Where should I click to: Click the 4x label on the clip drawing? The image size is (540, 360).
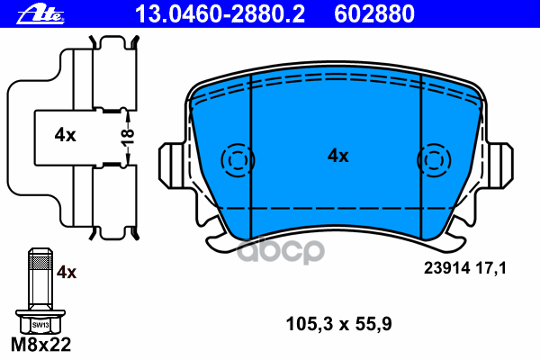[x=64, y=135]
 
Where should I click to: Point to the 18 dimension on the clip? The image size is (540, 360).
[x=129, y=136]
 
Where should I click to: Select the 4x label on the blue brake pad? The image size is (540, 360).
[x=337, y=156]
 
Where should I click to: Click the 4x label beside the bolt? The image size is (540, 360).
[x=67, y=271]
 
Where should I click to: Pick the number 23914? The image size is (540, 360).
[x=443, y=267]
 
